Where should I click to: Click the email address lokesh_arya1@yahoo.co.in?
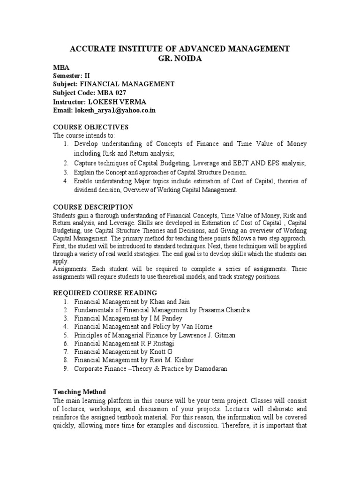[x=114, y=110]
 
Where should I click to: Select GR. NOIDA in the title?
[x=180, y=58]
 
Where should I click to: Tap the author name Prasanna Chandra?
[x=221, y=310]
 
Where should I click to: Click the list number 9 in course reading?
[x=66, y=369]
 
